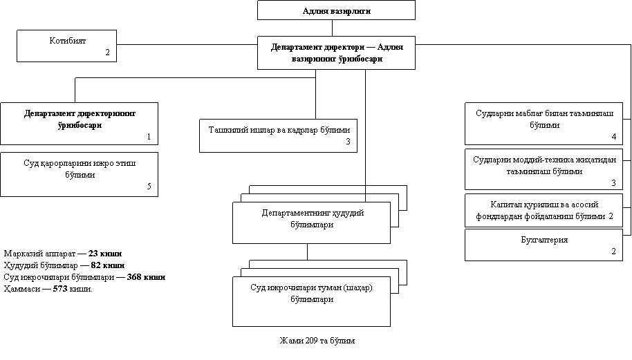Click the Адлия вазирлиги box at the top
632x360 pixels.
point(336,10)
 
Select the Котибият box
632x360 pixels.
point(67,46)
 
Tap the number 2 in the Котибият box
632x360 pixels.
point(107,53)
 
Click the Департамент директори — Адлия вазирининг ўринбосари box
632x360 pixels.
point(336,53)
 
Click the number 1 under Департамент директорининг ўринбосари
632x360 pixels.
point(149,137)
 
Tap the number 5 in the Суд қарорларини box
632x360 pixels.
point(149,187)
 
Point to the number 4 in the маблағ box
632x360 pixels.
point(613,136)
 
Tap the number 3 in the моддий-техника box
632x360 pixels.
point(613,182)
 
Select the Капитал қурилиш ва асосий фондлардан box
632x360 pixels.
point(543,211)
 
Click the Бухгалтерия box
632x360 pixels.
point(543,245)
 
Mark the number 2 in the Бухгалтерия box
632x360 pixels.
point(613,251)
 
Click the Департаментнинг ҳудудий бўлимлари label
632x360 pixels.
point(313,218)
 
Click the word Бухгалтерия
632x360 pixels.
point(543,240)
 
